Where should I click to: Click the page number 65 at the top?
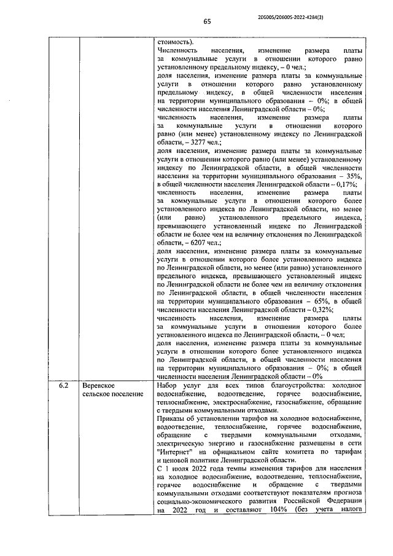[x=207, y=20]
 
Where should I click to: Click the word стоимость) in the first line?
[x=174, y=41]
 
